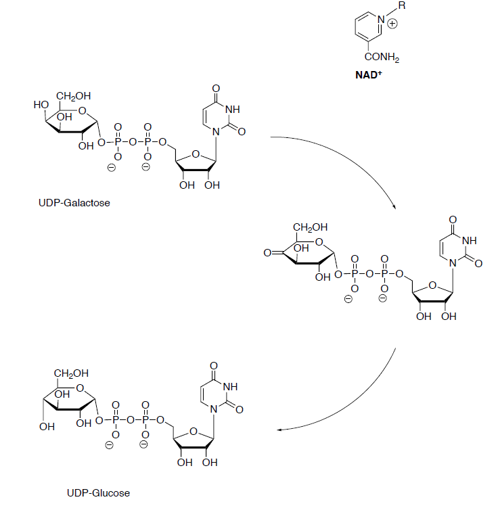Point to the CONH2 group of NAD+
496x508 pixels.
click(x=383, y=59)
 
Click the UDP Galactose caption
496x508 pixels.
click(x=74, y=202)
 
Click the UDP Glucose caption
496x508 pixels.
click(x=99, y=492)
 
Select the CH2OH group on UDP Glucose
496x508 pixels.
click(x=72, y=373)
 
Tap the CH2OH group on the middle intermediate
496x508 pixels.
click(x=311, y=227)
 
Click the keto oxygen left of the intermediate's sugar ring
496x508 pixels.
click(x=267, y=252)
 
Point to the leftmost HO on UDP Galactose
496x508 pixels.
click(x=40, y=105)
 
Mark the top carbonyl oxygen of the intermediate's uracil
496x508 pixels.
click(x=452, y=220)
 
